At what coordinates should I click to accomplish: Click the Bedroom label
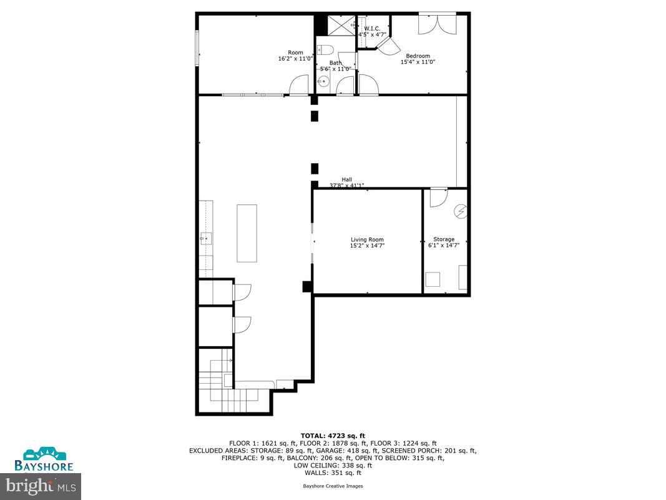(418, 56)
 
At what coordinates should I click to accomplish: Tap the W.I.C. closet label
(372, 28)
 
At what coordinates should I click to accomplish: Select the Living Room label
(367, 239)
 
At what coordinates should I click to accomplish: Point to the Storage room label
(444, 239)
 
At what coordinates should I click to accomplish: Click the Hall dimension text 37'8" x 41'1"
(346, 186)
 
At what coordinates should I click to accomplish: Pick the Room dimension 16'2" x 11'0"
(295, 59)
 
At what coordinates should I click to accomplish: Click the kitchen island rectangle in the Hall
(247, 232)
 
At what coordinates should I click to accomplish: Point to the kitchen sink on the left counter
(206, 237)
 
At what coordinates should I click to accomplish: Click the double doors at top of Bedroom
(437, 24)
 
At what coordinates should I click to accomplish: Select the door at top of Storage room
(439, 196)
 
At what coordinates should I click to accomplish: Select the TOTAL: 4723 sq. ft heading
(333, 436)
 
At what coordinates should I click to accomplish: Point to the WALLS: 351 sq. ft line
(333, 472)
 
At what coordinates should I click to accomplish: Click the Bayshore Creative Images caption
(333, 486)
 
